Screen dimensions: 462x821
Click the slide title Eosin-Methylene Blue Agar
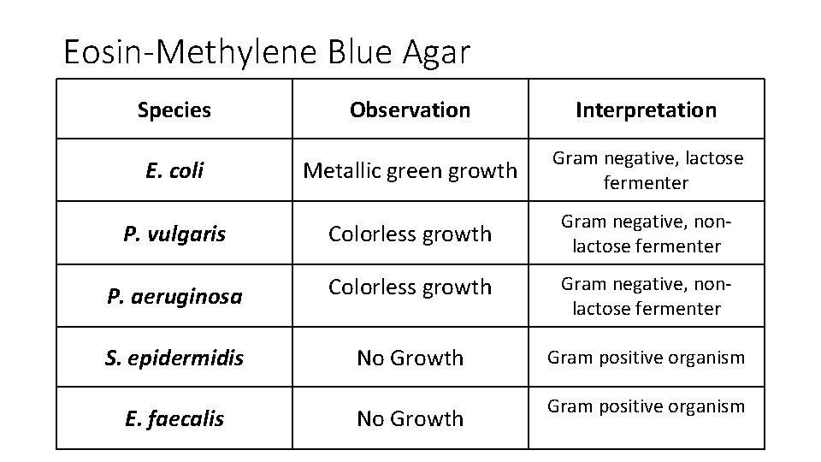click(x=267, y=53)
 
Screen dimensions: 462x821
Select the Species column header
click(x=174, y=110)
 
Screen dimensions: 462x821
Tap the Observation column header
click(x=410, y=110)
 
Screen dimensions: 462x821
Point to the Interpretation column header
click(x=646, y=110)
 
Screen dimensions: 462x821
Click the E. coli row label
click(x=174, y=170)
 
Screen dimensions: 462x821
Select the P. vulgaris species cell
click(x=174, y=234)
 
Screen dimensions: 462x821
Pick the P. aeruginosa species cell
click(x=174, y=296)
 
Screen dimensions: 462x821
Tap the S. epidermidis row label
click(x=174, y=358)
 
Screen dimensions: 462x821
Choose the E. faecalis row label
click(x=174, y=418)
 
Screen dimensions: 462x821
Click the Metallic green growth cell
click(x=410, y=170)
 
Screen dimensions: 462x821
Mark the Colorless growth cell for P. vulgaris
click(x=410, y=234)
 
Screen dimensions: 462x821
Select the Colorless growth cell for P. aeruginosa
click(x=410, y=287)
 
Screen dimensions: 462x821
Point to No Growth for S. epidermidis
click(x=410, y=358)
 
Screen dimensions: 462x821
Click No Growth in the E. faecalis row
click(x=410, y=418)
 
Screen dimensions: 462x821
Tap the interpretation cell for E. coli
click(x=647, y=170)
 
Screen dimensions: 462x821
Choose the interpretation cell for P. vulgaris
click(x=647, y=234)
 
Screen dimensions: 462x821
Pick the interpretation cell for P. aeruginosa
click(x=647, y=296)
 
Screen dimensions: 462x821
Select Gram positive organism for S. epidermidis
click(x=647, y=358)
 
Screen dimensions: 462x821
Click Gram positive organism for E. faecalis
click(x=647, y=406)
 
